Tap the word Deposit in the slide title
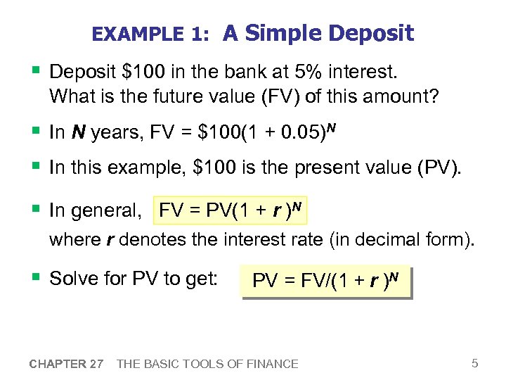point(370,33)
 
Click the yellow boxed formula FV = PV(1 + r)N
point(232,209)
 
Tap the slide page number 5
point(475,363)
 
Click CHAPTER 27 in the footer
point(67,364)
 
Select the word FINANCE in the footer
point(271,364)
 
